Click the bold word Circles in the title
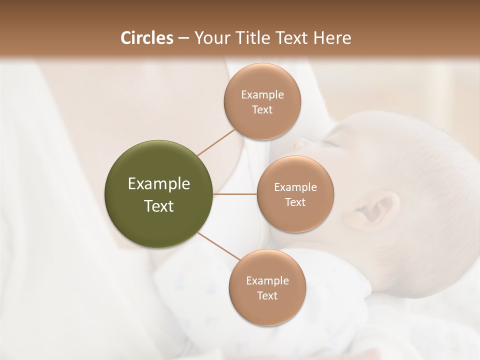pyautogui.click(x=146, y=38)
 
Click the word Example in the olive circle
pyautogui.click(x=159, y=184)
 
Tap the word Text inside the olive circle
pyautogui.click(x=159, y=206)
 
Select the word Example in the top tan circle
pyautogui.click(x=262, y=94)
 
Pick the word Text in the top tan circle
pyautogui.click(x=262, y=109)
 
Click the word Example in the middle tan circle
pyautogui.click(x=295, y=187)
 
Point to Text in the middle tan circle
pyautogui.click(x=295, y=202)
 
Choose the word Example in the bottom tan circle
pyautogui.click(x=267, y=280)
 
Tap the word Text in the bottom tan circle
pyautogui.click(x=267, y=295)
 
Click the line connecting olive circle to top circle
pyautogui.click(x=216, y=141)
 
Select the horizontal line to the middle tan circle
pyautogui.click(x=235, y=194)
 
